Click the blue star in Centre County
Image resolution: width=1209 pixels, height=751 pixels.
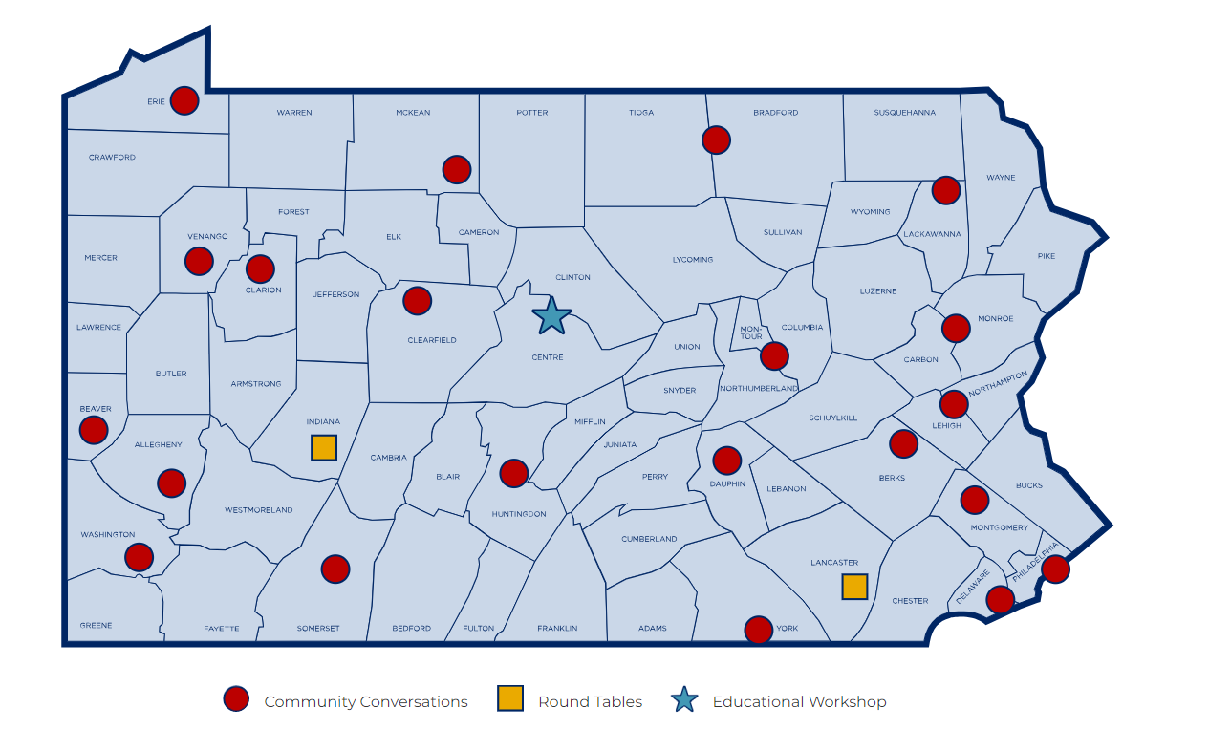[x=551, y=316]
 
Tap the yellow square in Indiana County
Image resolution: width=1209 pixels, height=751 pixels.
[x=324, y=447]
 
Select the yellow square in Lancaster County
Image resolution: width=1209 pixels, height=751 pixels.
[x=854, y=587]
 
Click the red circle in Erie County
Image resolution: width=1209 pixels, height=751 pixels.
[x=184, y=100]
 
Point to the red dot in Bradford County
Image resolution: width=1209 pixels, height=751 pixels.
[x=716, y=139]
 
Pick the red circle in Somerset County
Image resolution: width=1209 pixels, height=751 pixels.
[x=335, y=569]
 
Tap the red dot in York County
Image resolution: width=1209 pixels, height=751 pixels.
[x=758, y=630]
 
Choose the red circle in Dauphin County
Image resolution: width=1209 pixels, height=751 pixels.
[x=727, y=461]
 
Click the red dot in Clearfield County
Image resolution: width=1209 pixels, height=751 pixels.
[x=417, y=301]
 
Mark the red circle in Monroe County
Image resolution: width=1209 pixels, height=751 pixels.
[x=956, y=329]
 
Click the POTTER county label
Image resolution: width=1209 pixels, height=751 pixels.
[x=532, y=113]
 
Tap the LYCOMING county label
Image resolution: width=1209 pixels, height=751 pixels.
[x=693, y=260]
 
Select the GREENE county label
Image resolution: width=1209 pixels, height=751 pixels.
[x=97, y=626]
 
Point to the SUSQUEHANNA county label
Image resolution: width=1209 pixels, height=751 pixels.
[x=904, y=113]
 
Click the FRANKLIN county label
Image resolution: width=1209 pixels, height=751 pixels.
[x=557, y=629]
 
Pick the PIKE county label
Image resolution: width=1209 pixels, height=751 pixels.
[x=1047, y=256]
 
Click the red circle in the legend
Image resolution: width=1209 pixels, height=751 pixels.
[x=236, y=699]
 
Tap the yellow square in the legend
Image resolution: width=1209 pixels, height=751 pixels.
[x=510, y=699]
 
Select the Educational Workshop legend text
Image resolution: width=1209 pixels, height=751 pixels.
[x=799, y=702]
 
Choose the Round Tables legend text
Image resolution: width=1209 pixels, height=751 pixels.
[x=590, y=702]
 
